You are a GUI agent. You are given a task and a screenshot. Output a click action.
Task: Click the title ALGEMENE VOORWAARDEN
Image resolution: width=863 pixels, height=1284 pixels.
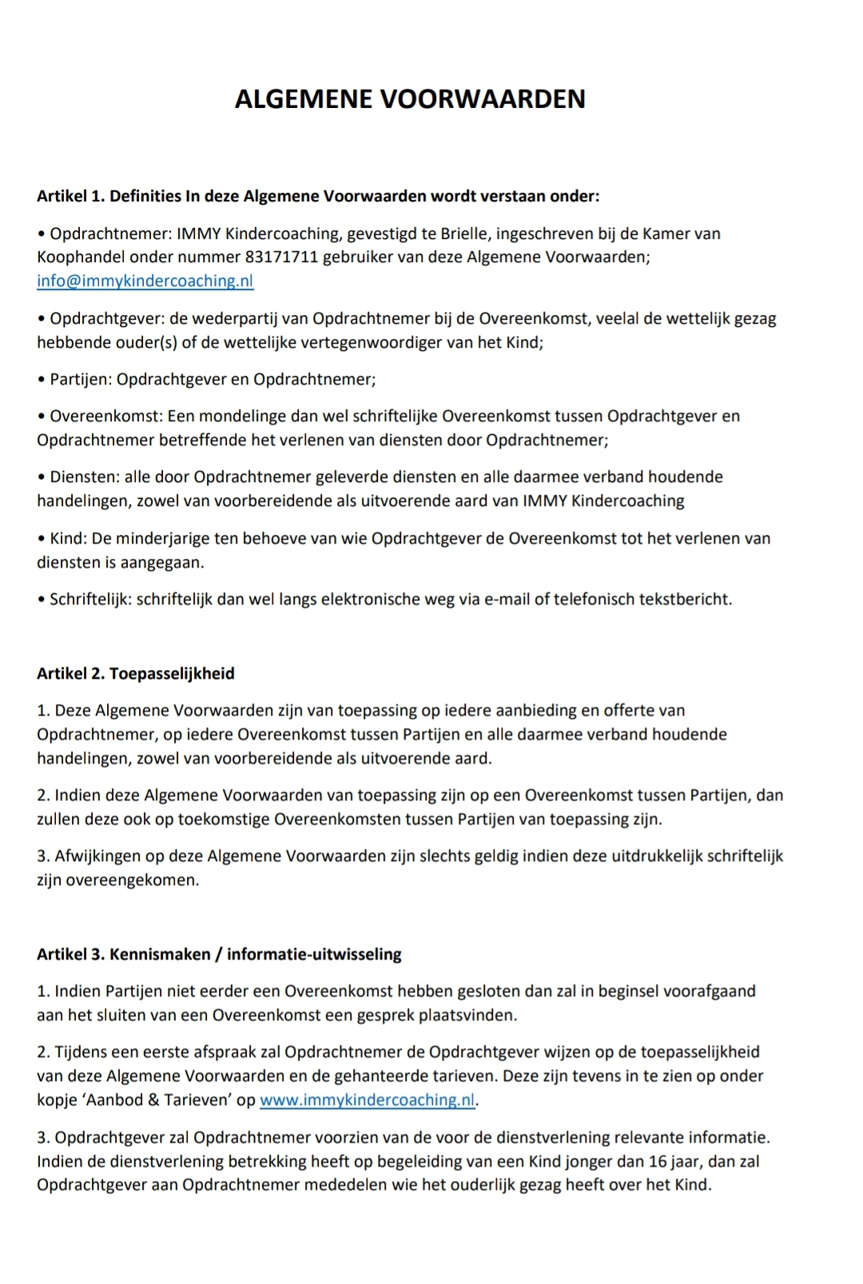[410, 99]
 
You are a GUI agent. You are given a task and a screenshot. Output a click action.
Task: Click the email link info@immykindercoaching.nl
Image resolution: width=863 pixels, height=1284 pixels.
[145, 281]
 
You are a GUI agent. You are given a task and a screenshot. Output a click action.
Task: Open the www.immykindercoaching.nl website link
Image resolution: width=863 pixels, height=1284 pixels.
[368, 1100]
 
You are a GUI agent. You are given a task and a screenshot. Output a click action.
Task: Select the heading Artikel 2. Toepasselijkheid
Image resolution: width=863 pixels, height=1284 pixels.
[136, 673]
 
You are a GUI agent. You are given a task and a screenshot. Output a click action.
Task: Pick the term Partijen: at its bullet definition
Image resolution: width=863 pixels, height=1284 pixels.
[81, 379]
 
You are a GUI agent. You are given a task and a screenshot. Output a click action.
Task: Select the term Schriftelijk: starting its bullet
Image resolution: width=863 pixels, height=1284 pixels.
[90, 599]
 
